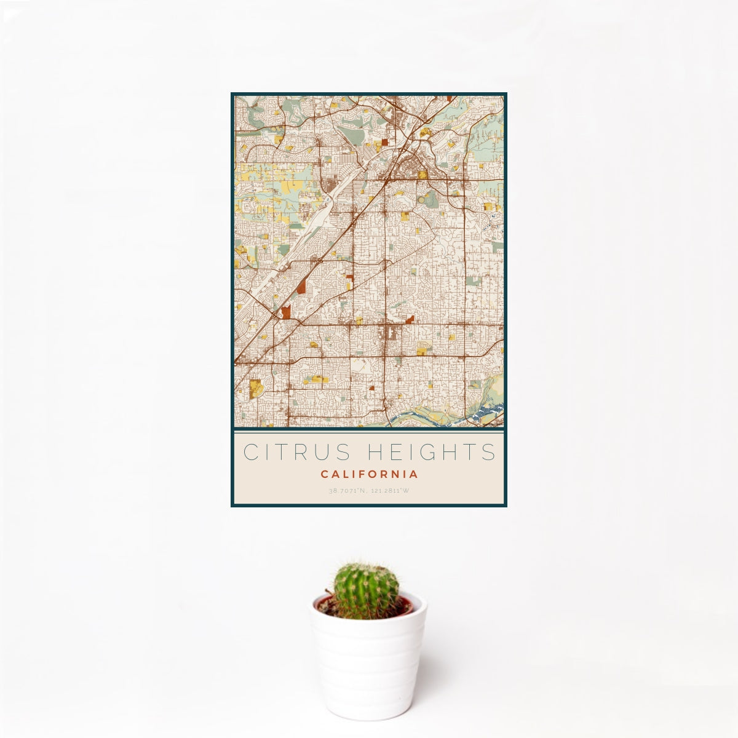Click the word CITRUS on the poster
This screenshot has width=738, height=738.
pyautogui.click(x=295, y=452)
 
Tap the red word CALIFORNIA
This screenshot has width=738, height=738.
pyautogui.click(x=369, y=474)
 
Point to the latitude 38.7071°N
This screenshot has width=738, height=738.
pyautogui.click(x=348, y=491)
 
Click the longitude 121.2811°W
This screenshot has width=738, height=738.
pyautogui.click(x=390, y=491)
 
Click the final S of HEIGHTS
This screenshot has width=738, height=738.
pyautogui.click(x=489, y=452)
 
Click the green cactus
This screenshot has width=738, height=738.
pyautogui.click(x=366, y=590)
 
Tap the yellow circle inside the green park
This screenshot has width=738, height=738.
pyautogui.click(x=423, y=175)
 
